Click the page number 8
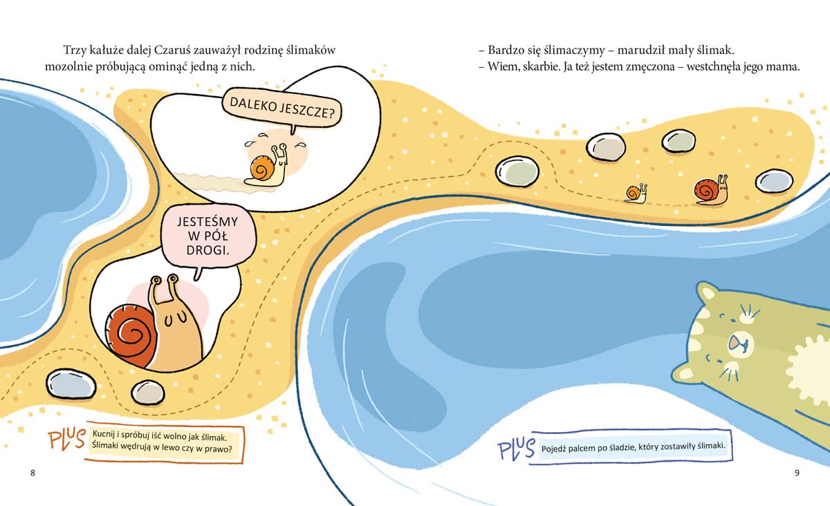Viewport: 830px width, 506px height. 33,473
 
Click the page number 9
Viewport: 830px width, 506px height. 797,473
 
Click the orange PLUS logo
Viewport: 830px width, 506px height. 67,440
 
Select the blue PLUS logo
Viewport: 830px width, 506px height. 516,449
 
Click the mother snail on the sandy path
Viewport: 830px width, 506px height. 712,191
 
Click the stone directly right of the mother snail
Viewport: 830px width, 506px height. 774,181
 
